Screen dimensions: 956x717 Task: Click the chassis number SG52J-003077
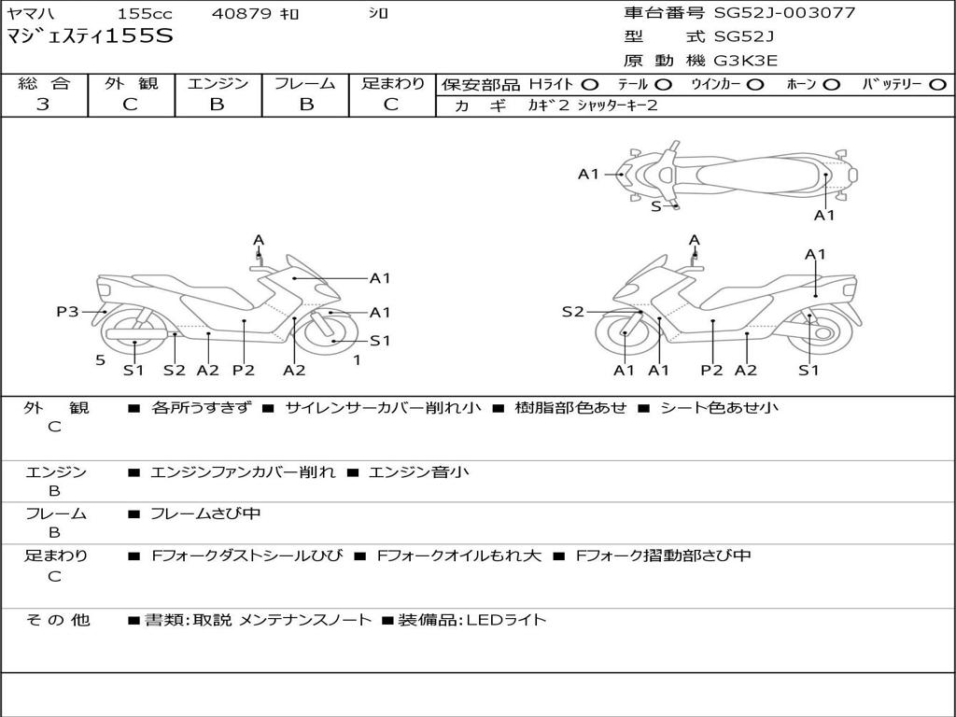point(784,12)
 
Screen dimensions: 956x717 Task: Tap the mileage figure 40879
point(241,13)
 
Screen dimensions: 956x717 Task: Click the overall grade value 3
point(43,105)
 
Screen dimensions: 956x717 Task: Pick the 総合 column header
point(44,83)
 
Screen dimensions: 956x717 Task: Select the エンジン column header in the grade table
point(218,83)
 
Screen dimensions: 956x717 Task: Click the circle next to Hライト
point(590,85)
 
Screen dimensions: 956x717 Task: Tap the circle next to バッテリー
point(937,85)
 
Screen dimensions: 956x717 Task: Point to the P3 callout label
point(67,312)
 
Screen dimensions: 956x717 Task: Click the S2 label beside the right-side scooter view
point(572,312)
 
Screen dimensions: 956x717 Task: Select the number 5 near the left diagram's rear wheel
point(101,360)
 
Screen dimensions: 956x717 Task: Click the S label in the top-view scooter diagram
point(656,206)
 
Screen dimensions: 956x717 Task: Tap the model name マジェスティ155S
point(90,36)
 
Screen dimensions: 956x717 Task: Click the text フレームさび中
point(205,513)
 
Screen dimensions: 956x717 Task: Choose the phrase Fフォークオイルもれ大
point(459,555)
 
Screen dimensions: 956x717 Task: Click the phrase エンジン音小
point(419,471)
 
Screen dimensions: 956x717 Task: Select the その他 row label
point(57,620)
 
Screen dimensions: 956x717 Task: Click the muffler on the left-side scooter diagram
point(136,334)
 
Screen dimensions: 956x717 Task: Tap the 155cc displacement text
point(145,13)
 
